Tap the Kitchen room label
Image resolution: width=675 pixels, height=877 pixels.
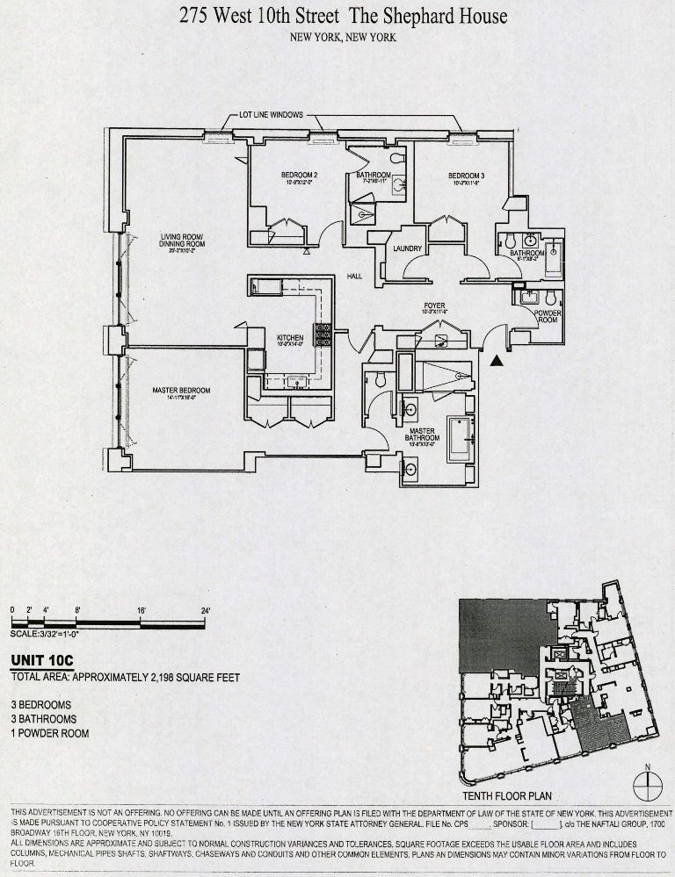(290, 338)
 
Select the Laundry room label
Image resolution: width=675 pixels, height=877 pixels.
(408, 248)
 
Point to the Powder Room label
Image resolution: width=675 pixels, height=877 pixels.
(548, 316)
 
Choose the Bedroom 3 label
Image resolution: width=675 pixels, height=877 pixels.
(466, 175)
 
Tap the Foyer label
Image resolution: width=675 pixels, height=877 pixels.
(434, 306)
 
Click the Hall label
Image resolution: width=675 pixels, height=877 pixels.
(355, 276)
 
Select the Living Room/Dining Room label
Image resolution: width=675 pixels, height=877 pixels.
(182, 240)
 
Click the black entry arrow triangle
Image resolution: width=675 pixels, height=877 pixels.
(498, 358)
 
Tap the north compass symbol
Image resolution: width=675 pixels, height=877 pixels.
(647, 783)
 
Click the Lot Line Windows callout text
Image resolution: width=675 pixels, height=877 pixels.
(272, 115)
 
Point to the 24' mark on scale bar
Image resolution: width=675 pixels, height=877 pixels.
(206, 609)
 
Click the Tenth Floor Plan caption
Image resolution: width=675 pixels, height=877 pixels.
(506, 796)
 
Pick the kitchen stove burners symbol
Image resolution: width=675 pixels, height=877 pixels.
(323, 334)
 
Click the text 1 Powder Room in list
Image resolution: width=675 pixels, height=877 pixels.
(50, 733)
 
